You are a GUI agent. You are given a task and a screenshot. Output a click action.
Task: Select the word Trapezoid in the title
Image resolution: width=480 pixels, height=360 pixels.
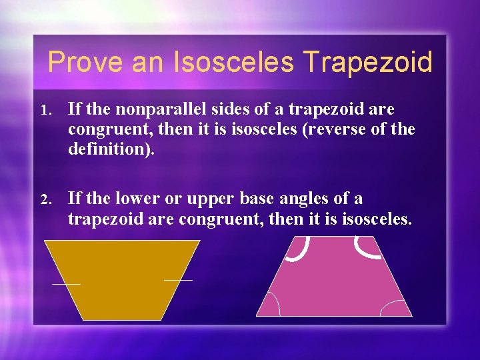coord(367,63)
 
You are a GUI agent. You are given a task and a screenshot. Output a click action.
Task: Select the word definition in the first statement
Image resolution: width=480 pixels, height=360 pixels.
coord(108,148)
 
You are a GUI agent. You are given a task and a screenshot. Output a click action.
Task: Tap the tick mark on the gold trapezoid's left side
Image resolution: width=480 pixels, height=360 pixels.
coord(66,284)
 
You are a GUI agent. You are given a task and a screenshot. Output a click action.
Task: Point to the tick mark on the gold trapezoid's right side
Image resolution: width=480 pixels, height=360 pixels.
coord(178,280)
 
